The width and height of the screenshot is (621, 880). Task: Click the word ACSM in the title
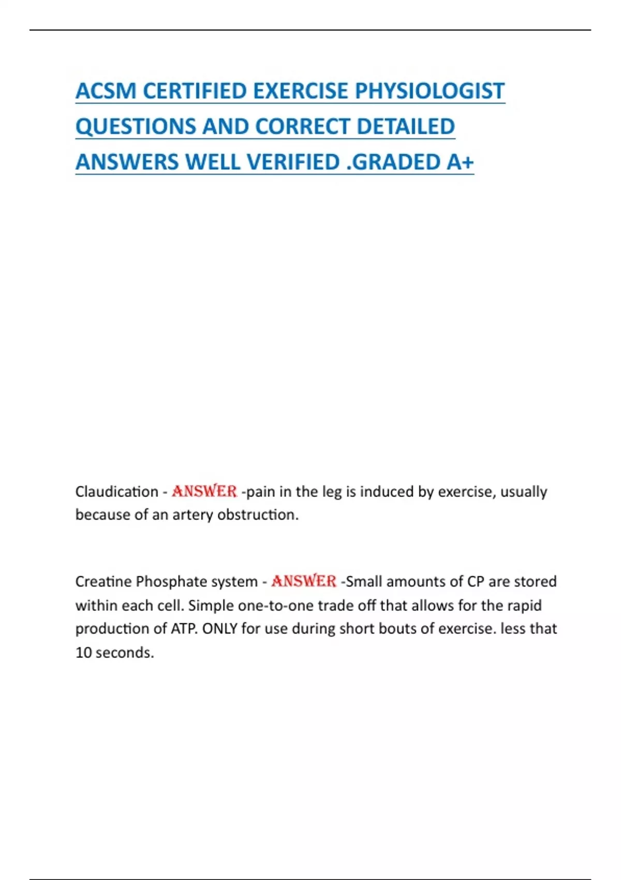[x=106, y=91]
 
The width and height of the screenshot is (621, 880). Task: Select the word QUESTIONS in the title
[x=136, y=127]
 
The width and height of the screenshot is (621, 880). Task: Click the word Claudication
[x=116, y=491]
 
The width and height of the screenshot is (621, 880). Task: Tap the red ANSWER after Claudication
[x=204, y=491]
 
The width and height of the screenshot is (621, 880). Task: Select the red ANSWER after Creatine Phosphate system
[x=304, y=581]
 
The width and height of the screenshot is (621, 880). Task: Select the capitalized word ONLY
[x=219, y=628]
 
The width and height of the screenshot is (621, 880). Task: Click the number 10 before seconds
[x=83, y=652]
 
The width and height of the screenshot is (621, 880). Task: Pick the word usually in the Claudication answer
[x=523, y=492]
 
